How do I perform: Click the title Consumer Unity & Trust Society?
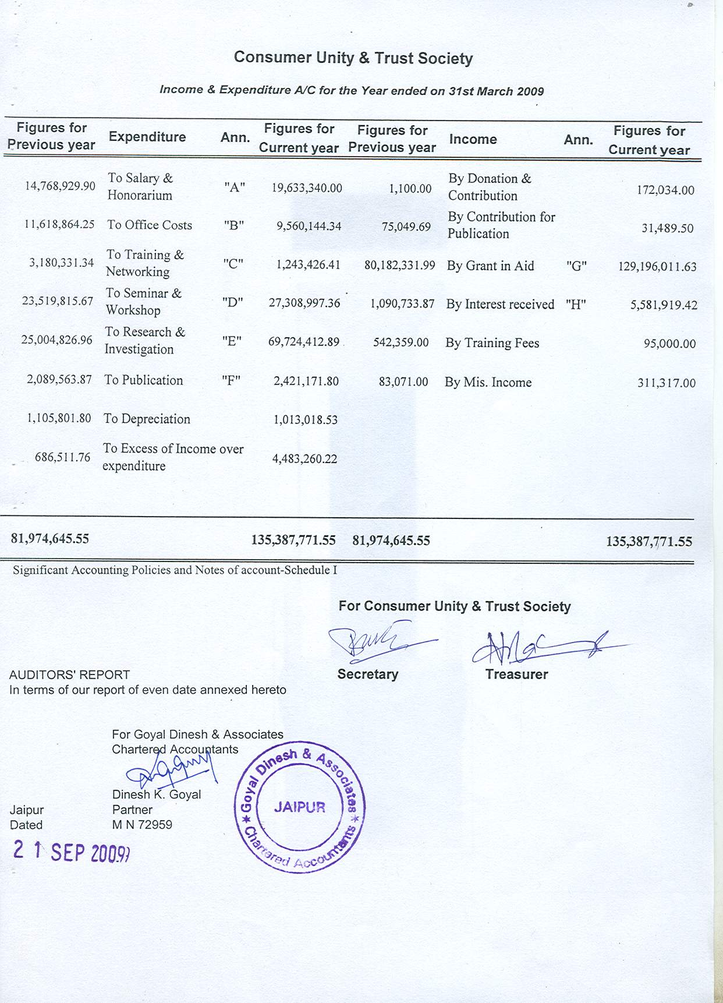click(x=353, y=58)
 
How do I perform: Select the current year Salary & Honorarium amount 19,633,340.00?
click(x=307, y=188)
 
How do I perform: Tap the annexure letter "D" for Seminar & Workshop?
click(x=233, y=302)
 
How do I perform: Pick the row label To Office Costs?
click(x=150, y=225)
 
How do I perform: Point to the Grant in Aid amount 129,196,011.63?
click(x=657, y=267)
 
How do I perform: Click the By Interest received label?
click(x=500, y=305)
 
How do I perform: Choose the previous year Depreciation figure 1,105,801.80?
click(x=59, y=418)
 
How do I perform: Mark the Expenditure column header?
click(x=147, y=137)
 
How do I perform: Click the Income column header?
click(x=473, y=140)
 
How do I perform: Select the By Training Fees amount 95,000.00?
click(x=669, y=344)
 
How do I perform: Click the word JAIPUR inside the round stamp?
click(x=300, y=807)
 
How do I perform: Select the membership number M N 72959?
click(x=142, y=825)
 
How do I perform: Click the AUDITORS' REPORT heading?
click(x=69, y=675)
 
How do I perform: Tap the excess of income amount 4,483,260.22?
click(x=305, y=459)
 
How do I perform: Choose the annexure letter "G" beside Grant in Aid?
click(x=576, y=266)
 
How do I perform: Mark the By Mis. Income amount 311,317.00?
click(x=667, y=383)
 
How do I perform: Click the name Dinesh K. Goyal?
click(x=157, y=794)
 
